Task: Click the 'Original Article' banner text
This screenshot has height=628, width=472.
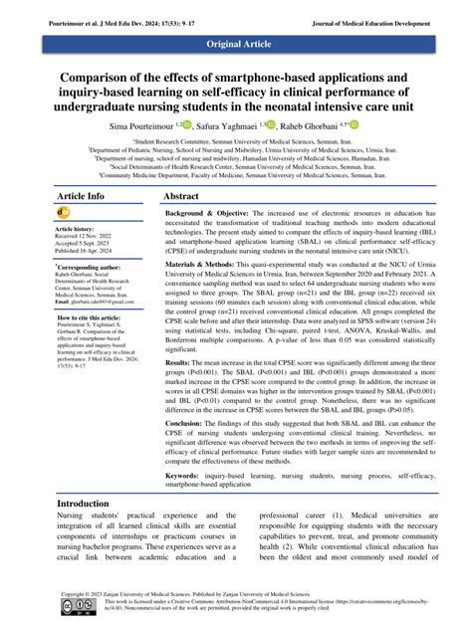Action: [236, 46]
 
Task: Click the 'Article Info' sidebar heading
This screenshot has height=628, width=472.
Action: [83, 197]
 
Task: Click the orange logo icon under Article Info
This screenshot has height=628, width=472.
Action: [64, 212]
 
